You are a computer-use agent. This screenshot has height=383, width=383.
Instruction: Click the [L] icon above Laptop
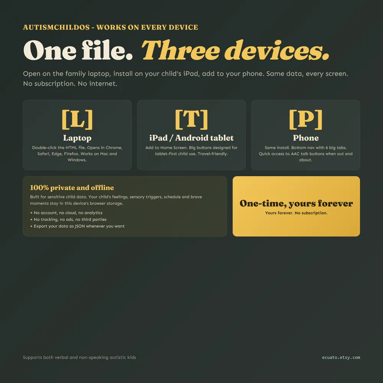pos(77,119)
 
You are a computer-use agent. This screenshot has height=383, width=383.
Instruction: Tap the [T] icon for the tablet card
pos(191,119)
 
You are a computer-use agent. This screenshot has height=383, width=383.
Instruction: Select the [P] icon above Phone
pos(306,119)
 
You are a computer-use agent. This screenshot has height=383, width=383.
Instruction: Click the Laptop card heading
pos(77,138)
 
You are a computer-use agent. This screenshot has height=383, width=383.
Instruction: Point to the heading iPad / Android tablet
pos(191,138)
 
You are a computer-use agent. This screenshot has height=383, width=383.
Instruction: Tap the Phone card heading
pos(306,138)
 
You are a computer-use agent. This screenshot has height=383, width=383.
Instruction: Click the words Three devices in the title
pos(235,50)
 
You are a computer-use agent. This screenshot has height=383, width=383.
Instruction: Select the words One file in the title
pos(78,50)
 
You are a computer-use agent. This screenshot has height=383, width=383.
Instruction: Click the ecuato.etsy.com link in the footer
pos(341,357)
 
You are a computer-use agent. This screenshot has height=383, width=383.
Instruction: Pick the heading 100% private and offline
pos(72,188)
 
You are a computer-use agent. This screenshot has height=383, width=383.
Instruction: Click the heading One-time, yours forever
pos(296,203)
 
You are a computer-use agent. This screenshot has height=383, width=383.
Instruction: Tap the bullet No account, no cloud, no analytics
pos(66,213)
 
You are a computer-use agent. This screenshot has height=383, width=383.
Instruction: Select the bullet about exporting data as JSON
pos(77,226)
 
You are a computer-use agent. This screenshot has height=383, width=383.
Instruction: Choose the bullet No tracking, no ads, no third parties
pos(68,219)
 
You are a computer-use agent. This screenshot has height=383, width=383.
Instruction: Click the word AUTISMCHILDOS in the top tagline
pos(56,27)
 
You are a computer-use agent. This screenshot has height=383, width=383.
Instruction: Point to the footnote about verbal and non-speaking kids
pos(79,357)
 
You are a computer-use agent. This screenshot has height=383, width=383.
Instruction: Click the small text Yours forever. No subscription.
pos(296,213)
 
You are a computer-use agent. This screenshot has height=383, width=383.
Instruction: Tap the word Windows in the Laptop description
pos(77,160)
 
